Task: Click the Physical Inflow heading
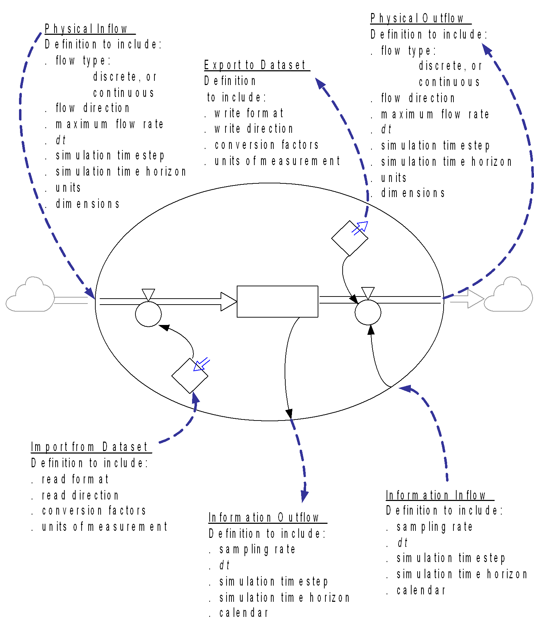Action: (x=86, y=29)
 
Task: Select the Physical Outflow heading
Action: (x=417, y=18)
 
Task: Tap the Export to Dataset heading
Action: (x=255, y=65)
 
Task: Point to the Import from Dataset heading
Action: (x=89, y=447)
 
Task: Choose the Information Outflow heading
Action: (x=263, y=517)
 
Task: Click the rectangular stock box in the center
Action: (x=278, y=301)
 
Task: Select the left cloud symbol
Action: (x=30, y=294)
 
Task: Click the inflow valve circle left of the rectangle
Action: (x=148, y=314)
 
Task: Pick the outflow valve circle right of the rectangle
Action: (x=368, y=312)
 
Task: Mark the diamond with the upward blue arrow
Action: (x=350, y=238)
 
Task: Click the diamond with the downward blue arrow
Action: (x=190, y=376)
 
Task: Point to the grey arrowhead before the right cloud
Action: (x=476, y=299)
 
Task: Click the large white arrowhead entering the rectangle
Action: (x=229, y=301)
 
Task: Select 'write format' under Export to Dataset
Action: (x=249, y=113)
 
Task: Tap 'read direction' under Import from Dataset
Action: (x=80, y=495)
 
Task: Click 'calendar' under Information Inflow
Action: (x=421, y=590)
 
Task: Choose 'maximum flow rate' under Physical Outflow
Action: (x=435, y=114)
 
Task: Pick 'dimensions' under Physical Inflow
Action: (x=88, y=204)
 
